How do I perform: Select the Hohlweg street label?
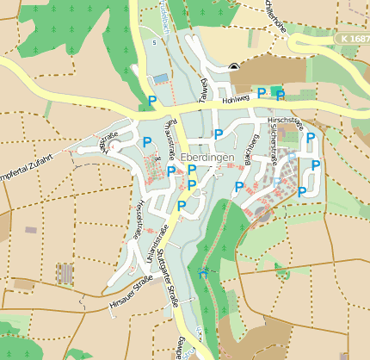[x=234, y=100]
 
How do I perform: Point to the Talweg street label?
[x=205, y=90]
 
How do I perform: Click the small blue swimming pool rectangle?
[x=161, y=79]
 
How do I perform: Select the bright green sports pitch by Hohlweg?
[x=275, y=90]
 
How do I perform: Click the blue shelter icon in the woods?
[x=202, y=273]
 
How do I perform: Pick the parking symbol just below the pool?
[x=152, y=101]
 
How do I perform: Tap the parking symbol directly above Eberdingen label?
[x=219, y=133]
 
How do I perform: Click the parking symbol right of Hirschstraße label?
[x=311, y=137]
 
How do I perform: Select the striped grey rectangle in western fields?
[x=64, y=274]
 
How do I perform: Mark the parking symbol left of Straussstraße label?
[x=147, y=140]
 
